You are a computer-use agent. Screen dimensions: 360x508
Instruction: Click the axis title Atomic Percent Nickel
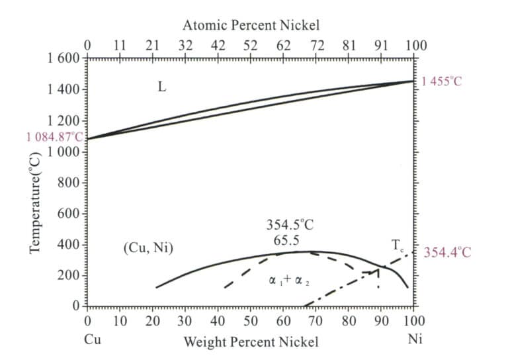[251, 26]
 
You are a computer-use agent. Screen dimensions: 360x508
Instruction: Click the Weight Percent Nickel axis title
[251, 341]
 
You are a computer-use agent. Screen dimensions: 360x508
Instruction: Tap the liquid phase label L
[161, 87]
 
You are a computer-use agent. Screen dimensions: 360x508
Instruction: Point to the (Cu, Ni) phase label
[148, 248]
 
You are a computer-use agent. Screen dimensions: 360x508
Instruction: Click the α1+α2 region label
[290, 280]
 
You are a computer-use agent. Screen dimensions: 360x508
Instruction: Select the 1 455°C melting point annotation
[443, 82]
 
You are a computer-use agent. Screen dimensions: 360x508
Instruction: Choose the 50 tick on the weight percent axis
[251, 322]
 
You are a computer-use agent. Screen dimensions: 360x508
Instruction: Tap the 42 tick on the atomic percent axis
[218, 45]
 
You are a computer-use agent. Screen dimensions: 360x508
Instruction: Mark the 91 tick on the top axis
[382, 45]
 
